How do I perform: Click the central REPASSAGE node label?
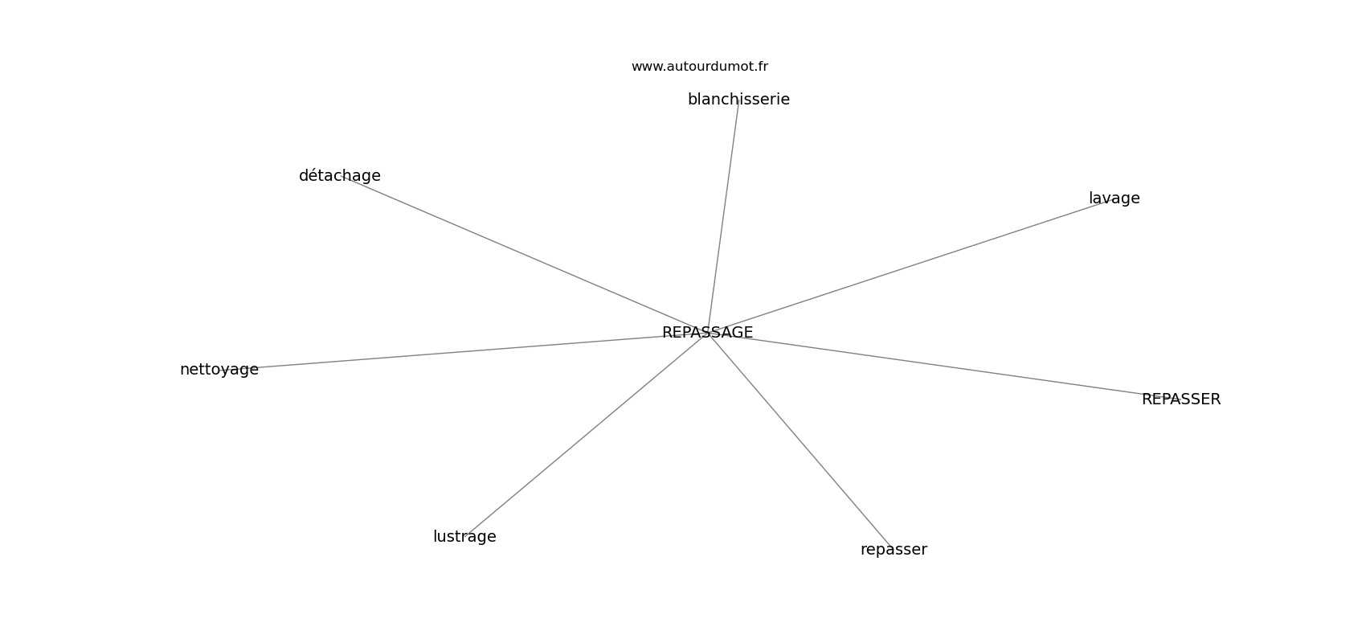tap(707, 333)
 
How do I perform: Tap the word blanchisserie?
tap(738, 100)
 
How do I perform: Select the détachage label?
tap(339, 176)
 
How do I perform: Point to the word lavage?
tap(1114, 199)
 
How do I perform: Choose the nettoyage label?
tap(219, 370)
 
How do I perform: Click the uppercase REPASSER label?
tap(1180, 399)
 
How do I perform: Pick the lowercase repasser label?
tap(893, 550)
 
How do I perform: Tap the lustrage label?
tap(464, 537)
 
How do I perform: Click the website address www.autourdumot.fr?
tap(699, 67)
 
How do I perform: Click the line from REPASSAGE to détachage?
tap(522, 254)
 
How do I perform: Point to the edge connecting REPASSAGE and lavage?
tap(908, 266)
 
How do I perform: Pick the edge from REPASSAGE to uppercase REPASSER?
tap(940, 366)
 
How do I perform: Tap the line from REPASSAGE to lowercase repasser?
tap(800, 440)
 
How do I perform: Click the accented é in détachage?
tap(313, 176)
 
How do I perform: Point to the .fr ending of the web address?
tap(761, 67)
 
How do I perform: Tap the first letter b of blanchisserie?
tap(692, 100)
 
